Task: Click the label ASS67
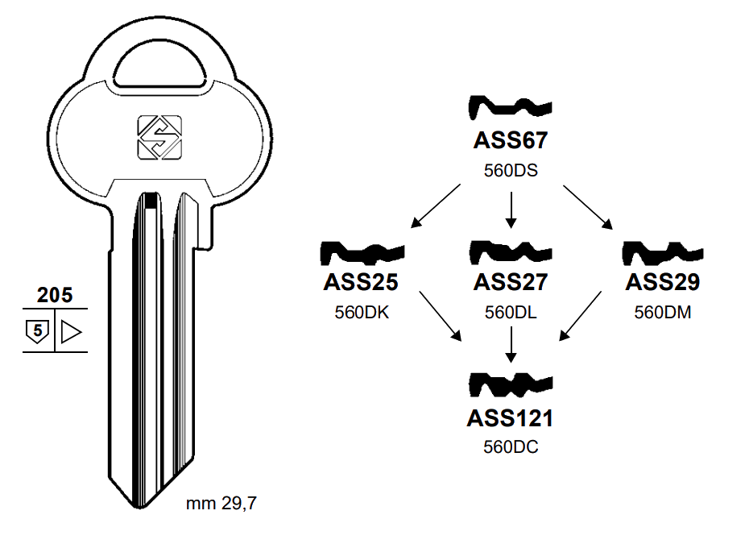510,140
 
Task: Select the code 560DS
510,171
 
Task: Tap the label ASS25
362,282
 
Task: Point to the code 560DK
362,313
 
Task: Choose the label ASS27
510,282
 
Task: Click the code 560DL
510,313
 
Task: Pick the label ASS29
662,282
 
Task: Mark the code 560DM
662,313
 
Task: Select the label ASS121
510,418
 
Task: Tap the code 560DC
510,448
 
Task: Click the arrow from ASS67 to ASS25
436,205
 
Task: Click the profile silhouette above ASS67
510,106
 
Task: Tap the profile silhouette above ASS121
510,384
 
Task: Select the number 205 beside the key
55,295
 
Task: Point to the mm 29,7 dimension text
221,505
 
